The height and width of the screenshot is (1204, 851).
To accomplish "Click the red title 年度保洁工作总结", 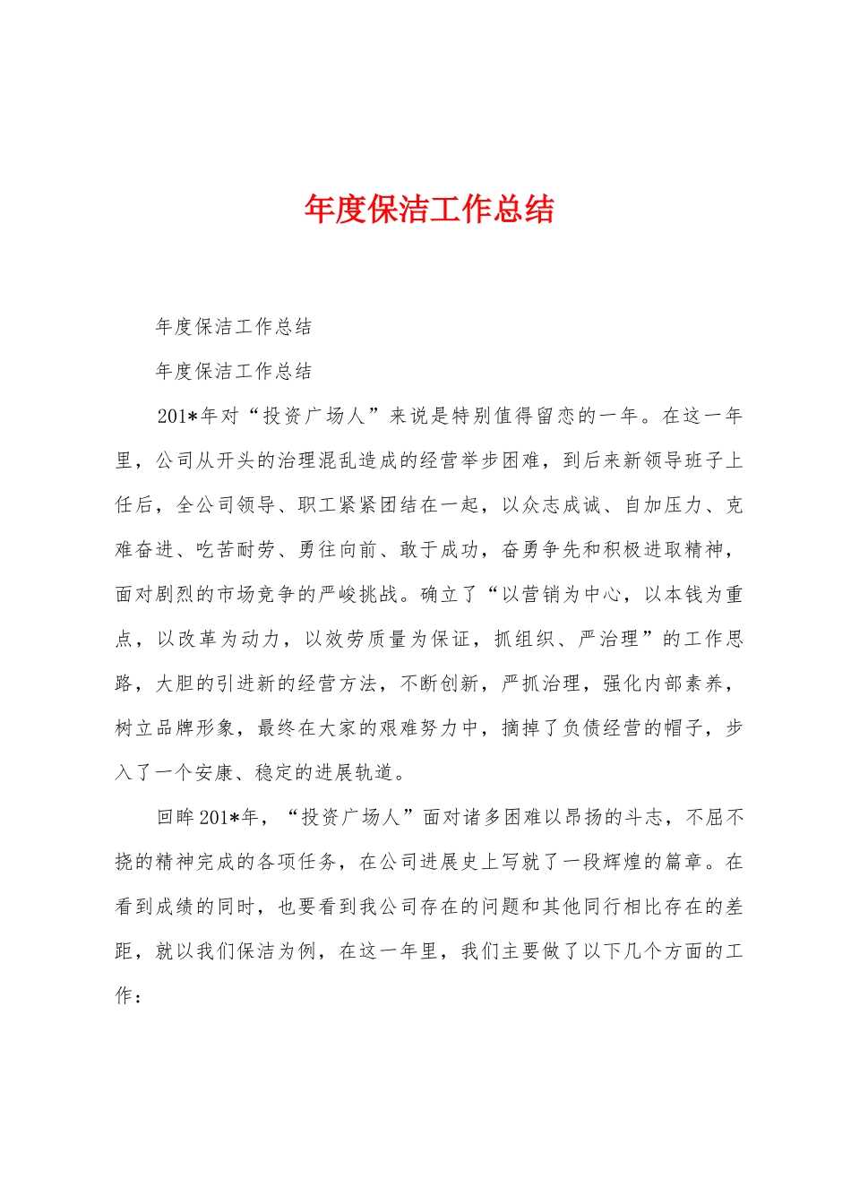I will click(x=429, y=210).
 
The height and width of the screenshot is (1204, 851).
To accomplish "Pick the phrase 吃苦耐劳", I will click(x=236, y=550).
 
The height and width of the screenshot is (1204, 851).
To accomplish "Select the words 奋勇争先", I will click(x=542, y=550).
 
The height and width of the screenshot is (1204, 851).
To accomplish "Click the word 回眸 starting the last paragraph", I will click(x=176, y=817).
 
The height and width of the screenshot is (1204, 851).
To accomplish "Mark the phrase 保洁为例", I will click(x=277, y=951).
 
